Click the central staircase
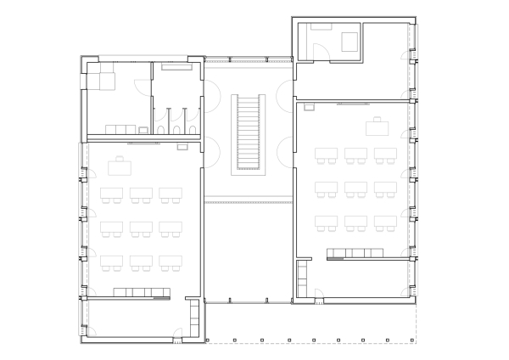[x=249, y=132]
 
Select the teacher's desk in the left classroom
[x=121, y=161]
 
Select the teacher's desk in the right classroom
[x=377, y=127]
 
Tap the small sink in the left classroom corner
[x=182, y=147]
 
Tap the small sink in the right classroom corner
[x=309, y=106]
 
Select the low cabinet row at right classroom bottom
[x=356, y=252]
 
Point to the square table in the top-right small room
[x=349, y=41]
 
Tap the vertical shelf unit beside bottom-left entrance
[x=194, y=317]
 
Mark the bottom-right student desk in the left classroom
[x=171, y=262]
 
